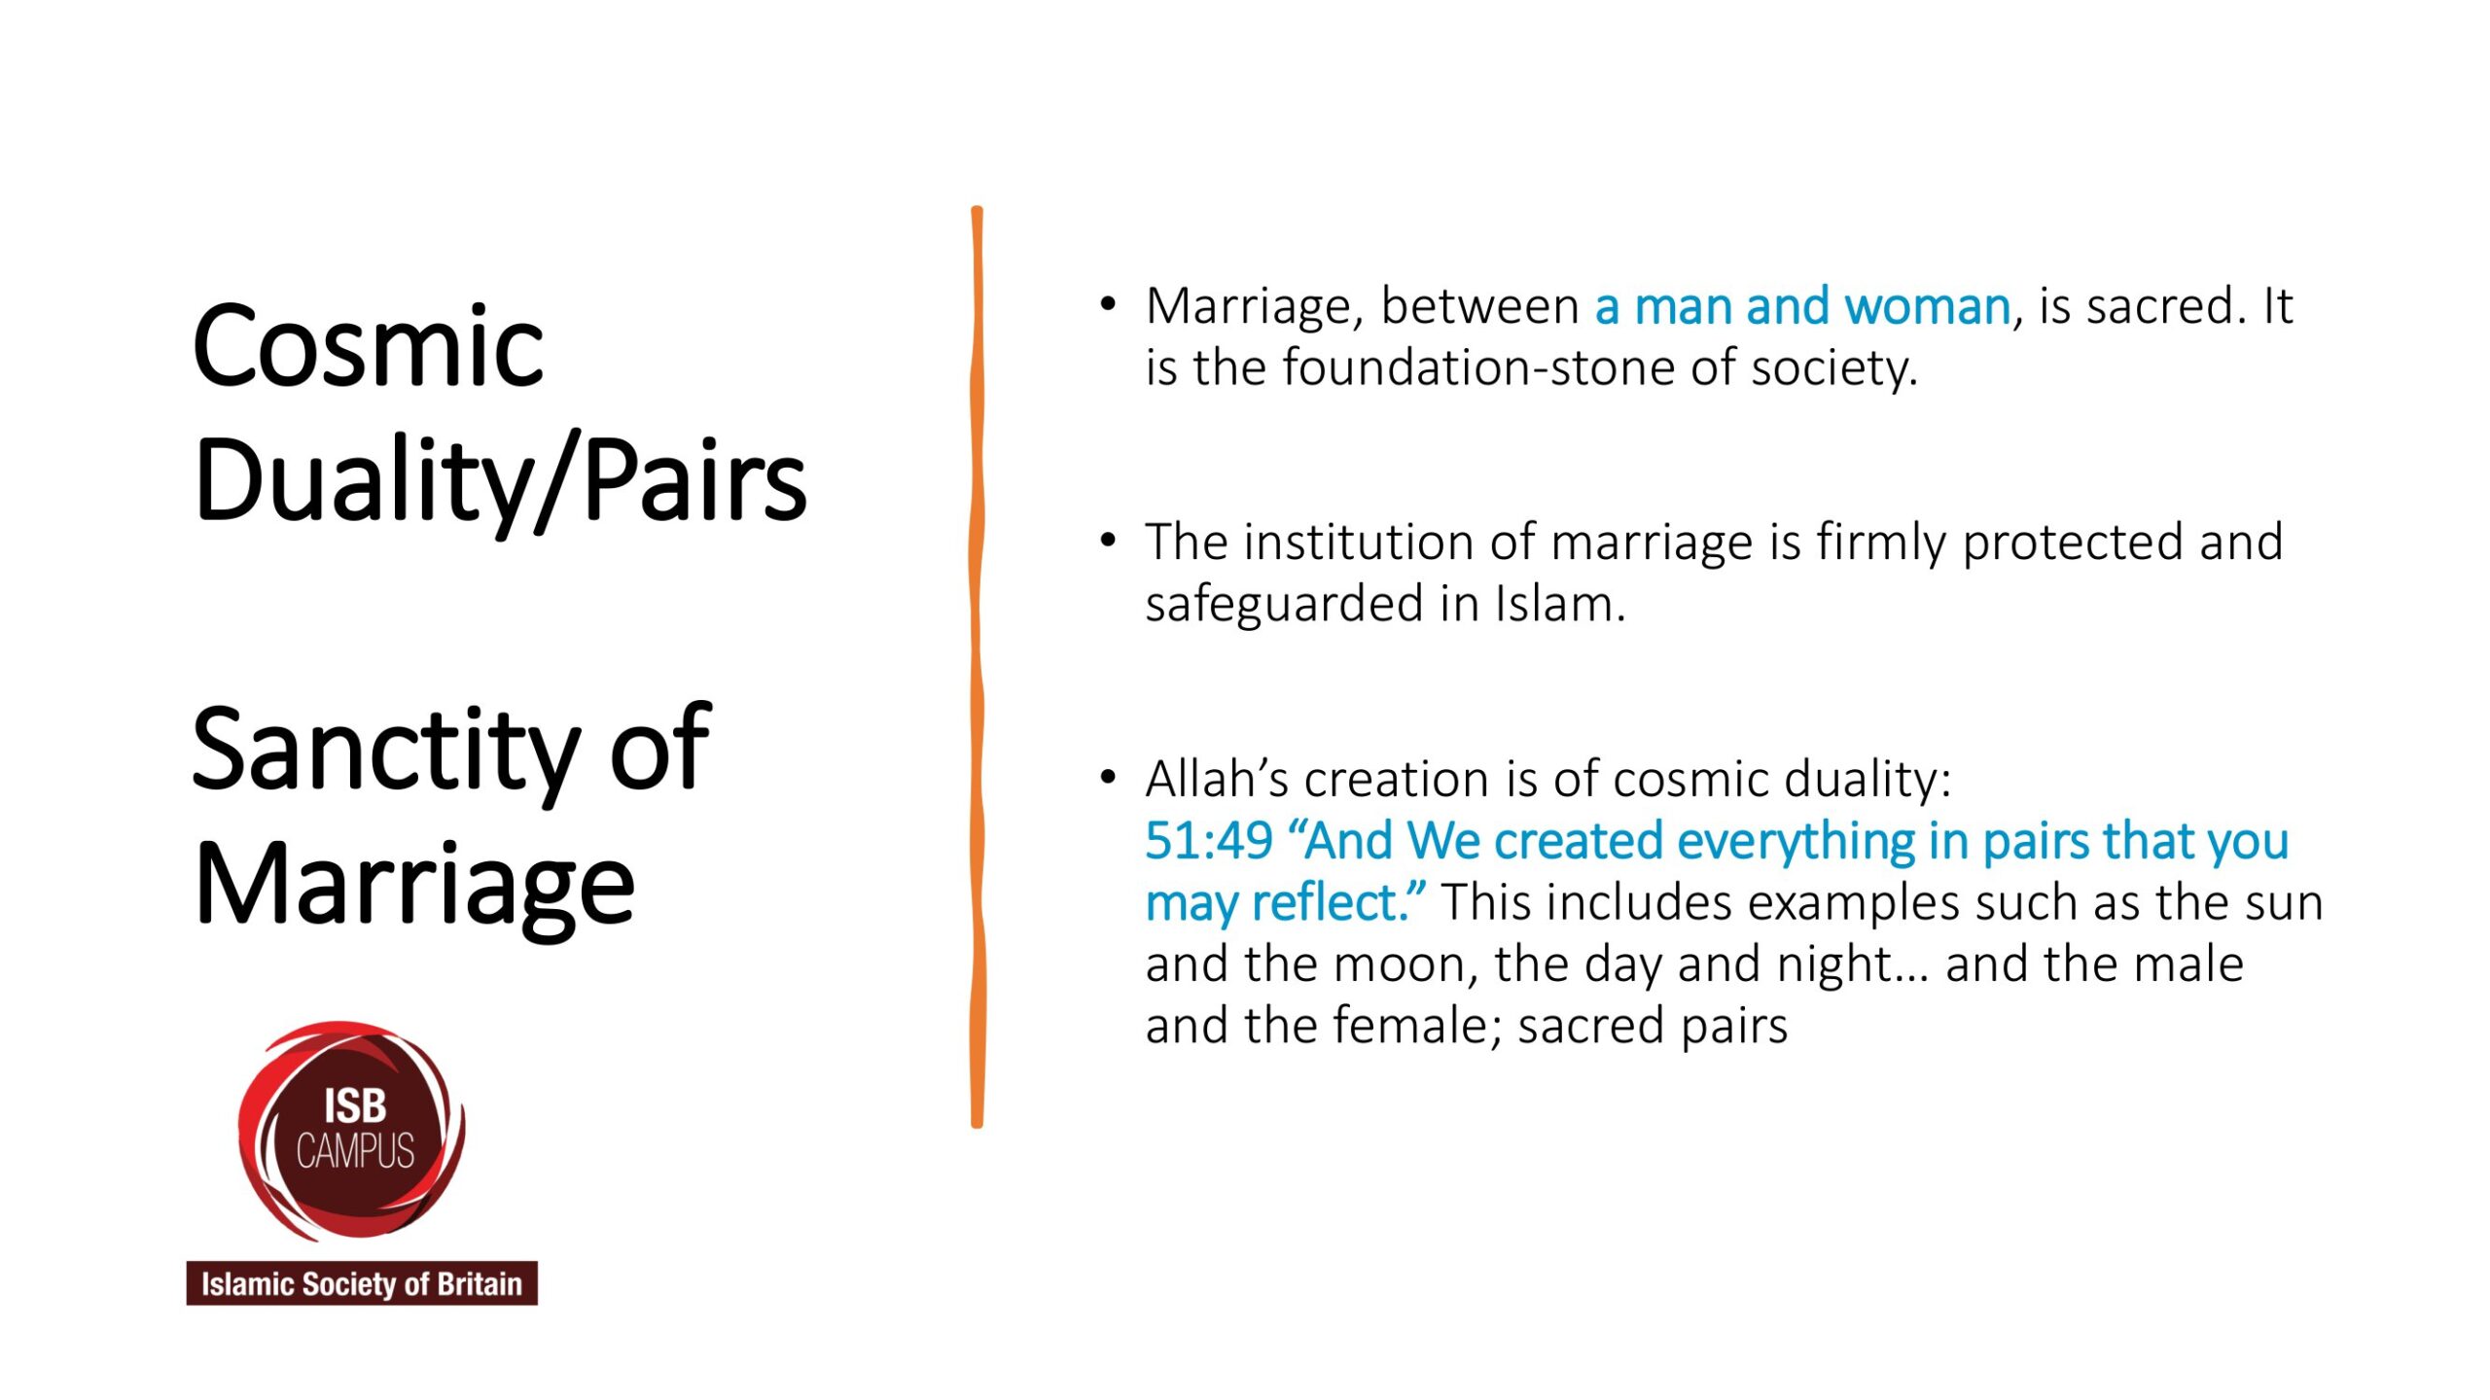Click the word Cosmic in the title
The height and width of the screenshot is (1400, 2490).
(x=368, y=346)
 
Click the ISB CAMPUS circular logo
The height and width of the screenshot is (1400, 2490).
(x=351, y=1130)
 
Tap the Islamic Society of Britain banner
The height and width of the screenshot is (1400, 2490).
(x=362, y=1283)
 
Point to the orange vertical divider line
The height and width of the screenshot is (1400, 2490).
(x=977, y=667)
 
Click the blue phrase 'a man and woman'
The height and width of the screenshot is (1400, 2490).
(x=1802, y=307)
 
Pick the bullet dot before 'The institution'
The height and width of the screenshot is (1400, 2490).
(x=1108, y=540)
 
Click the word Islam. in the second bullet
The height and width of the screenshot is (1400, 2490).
(x=1560, y=604)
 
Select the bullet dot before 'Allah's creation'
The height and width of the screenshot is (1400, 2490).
(x=1108, y=777)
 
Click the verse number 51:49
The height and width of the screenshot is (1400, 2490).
(x=1209, y=841)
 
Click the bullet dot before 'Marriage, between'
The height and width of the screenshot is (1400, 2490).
(x=1108, y=304)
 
